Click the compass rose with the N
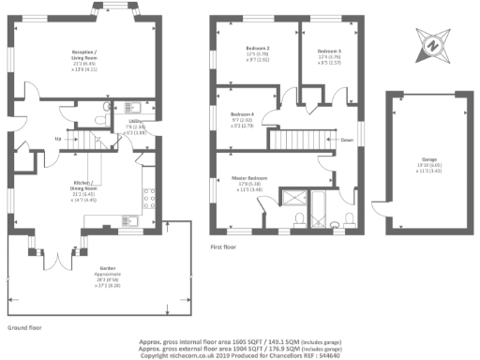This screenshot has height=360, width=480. pyautogui.click(x=432, y=43)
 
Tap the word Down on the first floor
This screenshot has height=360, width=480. pyautogui.click(x=347, y=141)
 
